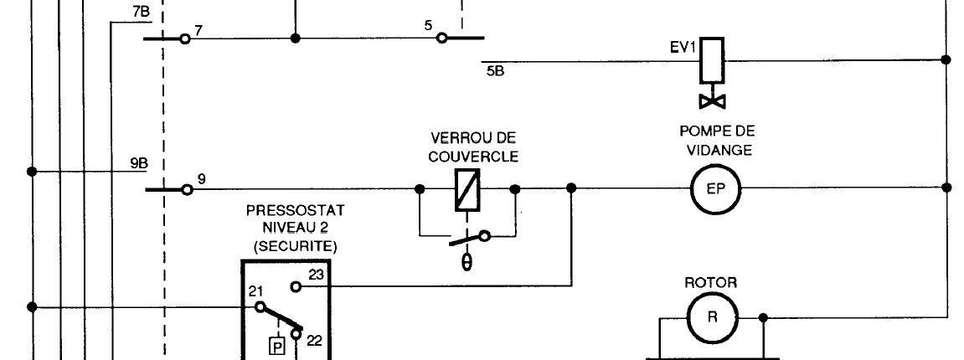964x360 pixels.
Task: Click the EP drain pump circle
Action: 711,188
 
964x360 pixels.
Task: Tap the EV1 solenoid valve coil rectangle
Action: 711,60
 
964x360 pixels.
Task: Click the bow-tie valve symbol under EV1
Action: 713,101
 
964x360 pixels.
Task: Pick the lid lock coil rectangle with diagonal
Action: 466,188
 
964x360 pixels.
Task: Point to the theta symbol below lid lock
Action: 467,261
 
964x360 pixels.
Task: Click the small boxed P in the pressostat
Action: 276,345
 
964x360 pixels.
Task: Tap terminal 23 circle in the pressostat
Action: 296,286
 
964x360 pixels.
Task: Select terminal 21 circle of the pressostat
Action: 258,307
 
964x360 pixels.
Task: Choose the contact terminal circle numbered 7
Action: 185,39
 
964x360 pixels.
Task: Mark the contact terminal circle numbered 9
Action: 188,189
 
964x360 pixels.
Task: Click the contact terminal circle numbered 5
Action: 441,38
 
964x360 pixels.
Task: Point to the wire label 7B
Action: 141,13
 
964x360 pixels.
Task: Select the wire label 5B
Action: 495,71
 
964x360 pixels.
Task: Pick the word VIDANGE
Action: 717,151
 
